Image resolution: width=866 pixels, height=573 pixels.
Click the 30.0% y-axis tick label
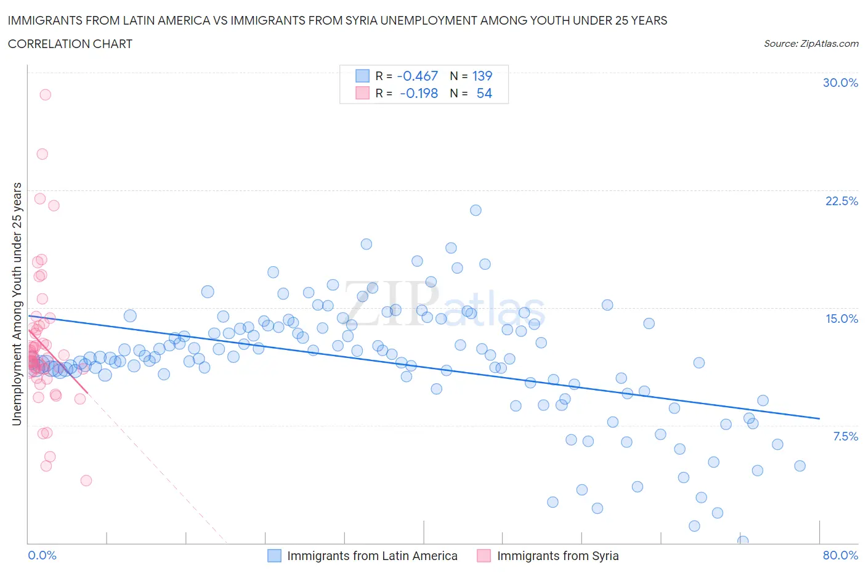coord(840,83)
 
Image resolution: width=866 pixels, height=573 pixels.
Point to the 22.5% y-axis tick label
coord(841,201)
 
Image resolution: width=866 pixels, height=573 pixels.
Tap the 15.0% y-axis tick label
coord(841,319)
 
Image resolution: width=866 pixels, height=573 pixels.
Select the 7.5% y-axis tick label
coord(845,436)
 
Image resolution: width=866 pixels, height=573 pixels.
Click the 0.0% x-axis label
coord(42,555)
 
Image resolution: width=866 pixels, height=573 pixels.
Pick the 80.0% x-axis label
coord(840,555)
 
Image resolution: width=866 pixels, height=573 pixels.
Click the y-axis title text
coord(17,304)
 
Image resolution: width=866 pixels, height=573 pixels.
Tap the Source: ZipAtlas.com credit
coord(811,43)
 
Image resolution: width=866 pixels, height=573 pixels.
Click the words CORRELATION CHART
coord(70,44)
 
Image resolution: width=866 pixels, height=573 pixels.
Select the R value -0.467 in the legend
coord(417,76)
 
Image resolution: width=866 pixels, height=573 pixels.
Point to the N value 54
coord(484,93)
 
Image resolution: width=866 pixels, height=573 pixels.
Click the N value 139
coord(482,76)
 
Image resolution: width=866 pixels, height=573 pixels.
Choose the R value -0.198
coord(418,93)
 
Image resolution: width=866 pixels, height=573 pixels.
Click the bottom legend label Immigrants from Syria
coord(557,556)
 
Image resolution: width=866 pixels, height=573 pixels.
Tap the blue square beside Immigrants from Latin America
coord(274,556)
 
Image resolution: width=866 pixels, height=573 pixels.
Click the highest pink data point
coord(45,95)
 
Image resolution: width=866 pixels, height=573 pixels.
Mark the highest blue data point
coord(475,210)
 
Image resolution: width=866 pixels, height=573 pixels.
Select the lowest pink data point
coord(86,481)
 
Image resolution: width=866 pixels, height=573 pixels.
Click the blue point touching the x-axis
coord(743,541)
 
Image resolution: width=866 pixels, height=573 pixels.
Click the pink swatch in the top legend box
coord(362,93)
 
